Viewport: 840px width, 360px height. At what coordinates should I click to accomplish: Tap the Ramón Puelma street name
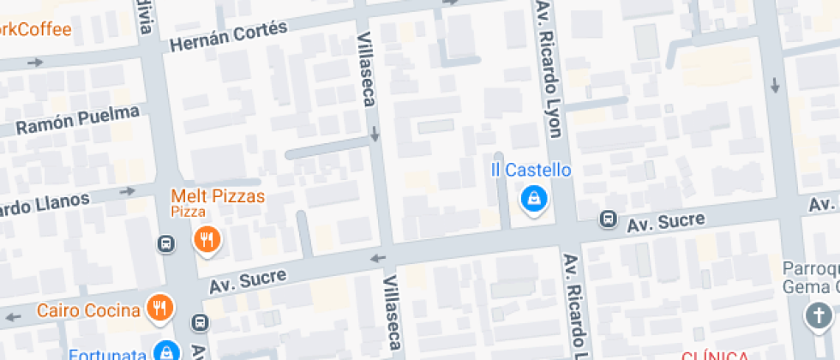(77, 121)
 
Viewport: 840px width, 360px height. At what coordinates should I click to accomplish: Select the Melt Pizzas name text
(218, 195)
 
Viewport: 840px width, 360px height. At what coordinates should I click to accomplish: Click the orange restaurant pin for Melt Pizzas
(207, 239)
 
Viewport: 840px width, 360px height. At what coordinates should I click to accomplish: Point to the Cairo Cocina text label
(88, 309)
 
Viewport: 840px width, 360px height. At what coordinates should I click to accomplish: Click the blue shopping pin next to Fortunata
(165, 350)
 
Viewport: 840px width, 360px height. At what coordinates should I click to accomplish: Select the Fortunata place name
(108, 353)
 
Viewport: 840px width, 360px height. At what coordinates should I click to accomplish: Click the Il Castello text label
(531, 170)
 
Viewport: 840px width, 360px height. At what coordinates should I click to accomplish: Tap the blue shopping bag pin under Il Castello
(534, 200)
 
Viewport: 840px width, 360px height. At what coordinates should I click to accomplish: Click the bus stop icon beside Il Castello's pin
(608, 219)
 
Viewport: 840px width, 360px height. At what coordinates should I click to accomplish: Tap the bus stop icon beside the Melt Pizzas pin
(165, 244)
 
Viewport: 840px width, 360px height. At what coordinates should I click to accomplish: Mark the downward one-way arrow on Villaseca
(375, 135)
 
